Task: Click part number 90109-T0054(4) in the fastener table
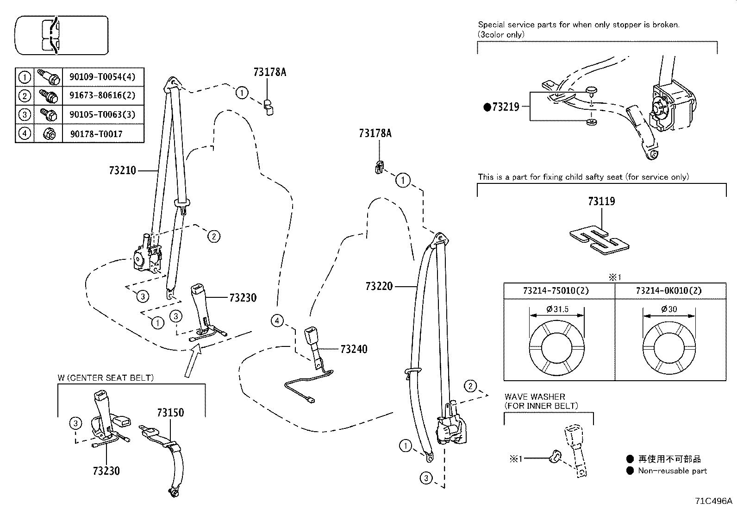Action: pyautogui.click(x=102, y=77)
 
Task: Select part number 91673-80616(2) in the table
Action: pyautogui.click(x=102, y=96)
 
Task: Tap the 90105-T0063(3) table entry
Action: pyautogui.click(x=102, y=114)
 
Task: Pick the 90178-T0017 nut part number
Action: pyautogui.click(x=96, y=134)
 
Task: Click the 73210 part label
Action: pyautogui.click(x=123, y=170)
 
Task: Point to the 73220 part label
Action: pyautogui.click(x=379, y=286)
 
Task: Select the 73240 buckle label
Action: pyautogui.click(x=354, y=349)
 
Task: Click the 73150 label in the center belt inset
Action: pyautogui.click(x=170, y=412)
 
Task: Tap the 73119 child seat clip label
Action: pyautogui.click(x=601, y=201)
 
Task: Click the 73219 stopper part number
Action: pyautogui.click(x=506, y=107)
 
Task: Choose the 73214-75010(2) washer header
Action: pyautogui.click(x=559, y=291)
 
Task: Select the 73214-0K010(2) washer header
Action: pyautogui.click(x=669, y=291)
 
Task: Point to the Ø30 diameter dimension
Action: pyautogui.click(x=669, y=309)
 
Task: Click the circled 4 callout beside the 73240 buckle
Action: pyautogui.click(x=276, y=320)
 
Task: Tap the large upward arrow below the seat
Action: pyautogui.click(x=194, y=363)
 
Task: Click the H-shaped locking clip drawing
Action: pyautogui.click(x=600, y=240)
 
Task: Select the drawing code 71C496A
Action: pyautogui.click(x=713, y=501)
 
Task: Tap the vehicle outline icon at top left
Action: pyautogui.click(x=61, y=35)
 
